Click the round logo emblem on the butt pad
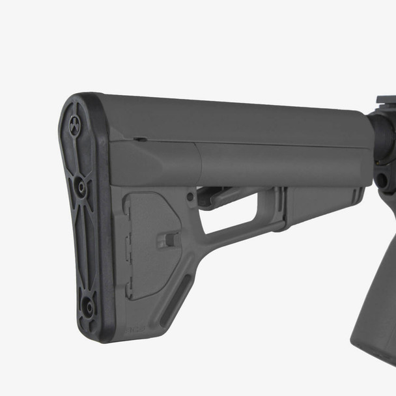(x=75, y=124)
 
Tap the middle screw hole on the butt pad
(x=81, y=187)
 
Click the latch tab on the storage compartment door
(x=171, y=240)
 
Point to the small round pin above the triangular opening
(x=190, y=196)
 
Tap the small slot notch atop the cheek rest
(x=139, y=139)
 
